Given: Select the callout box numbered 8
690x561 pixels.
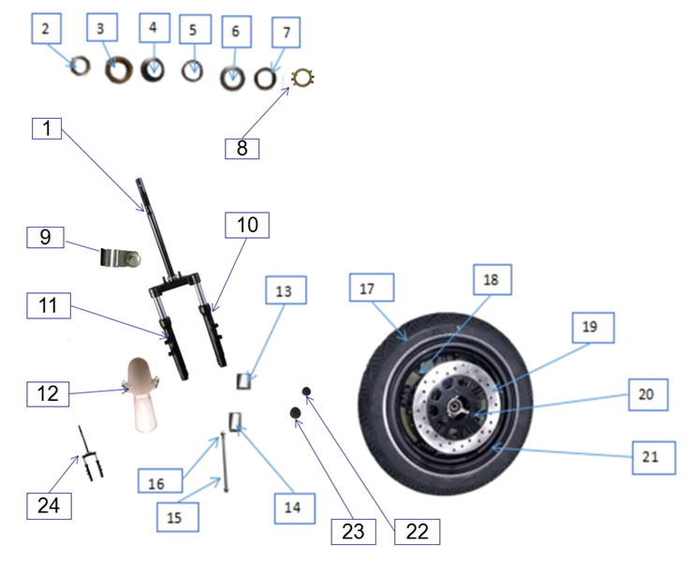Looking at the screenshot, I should [x=242, y=147].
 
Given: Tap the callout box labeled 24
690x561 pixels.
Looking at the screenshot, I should [x=48, y=505].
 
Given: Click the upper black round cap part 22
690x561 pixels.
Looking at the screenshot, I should [x=305, y=391].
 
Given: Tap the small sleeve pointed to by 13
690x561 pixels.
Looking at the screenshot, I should [x=244, y=379].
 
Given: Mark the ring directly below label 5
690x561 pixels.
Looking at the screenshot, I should [x=194, y=70].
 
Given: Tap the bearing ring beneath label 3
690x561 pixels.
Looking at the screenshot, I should [x=118, y=68].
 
